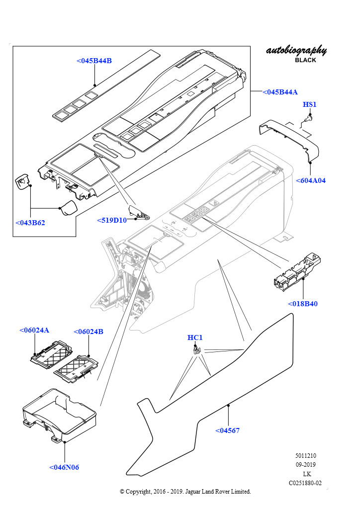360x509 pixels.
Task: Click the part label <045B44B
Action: (x=94, y=61)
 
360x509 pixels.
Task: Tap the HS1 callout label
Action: (x=309, y=104)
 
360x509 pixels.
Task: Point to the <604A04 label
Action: (x=310, y=180)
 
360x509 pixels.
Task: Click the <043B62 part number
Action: (x=30, y=223)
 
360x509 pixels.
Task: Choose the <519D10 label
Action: (x=112, y=220)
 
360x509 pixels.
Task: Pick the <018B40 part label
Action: (x=302, y=304)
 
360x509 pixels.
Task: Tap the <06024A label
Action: (x=34, y=330)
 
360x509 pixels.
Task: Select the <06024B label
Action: (x=89, y=332)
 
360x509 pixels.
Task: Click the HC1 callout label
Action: (x=195, y=338)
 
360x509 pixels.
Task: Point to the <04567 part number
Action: (x=227, y=430)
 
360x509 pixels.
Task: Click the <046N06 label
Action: (x=64, y=467)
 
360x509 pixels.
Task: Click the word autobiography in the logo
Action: (x=296, y=50)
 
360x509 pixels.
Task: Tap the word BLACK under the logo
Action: (x=305, y=60)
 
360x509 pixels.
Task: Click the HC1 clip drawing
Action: (x=196, y=350)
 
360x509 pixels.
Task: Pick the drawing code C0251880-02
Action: (x=305, y=483)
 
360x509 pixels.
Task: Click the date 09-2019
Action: (x=305, y=465)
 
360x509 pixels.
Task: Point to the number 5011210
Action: (x=305, y=456)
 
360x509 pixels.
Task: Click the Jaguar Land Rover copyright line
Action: (x=185, y=492)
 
